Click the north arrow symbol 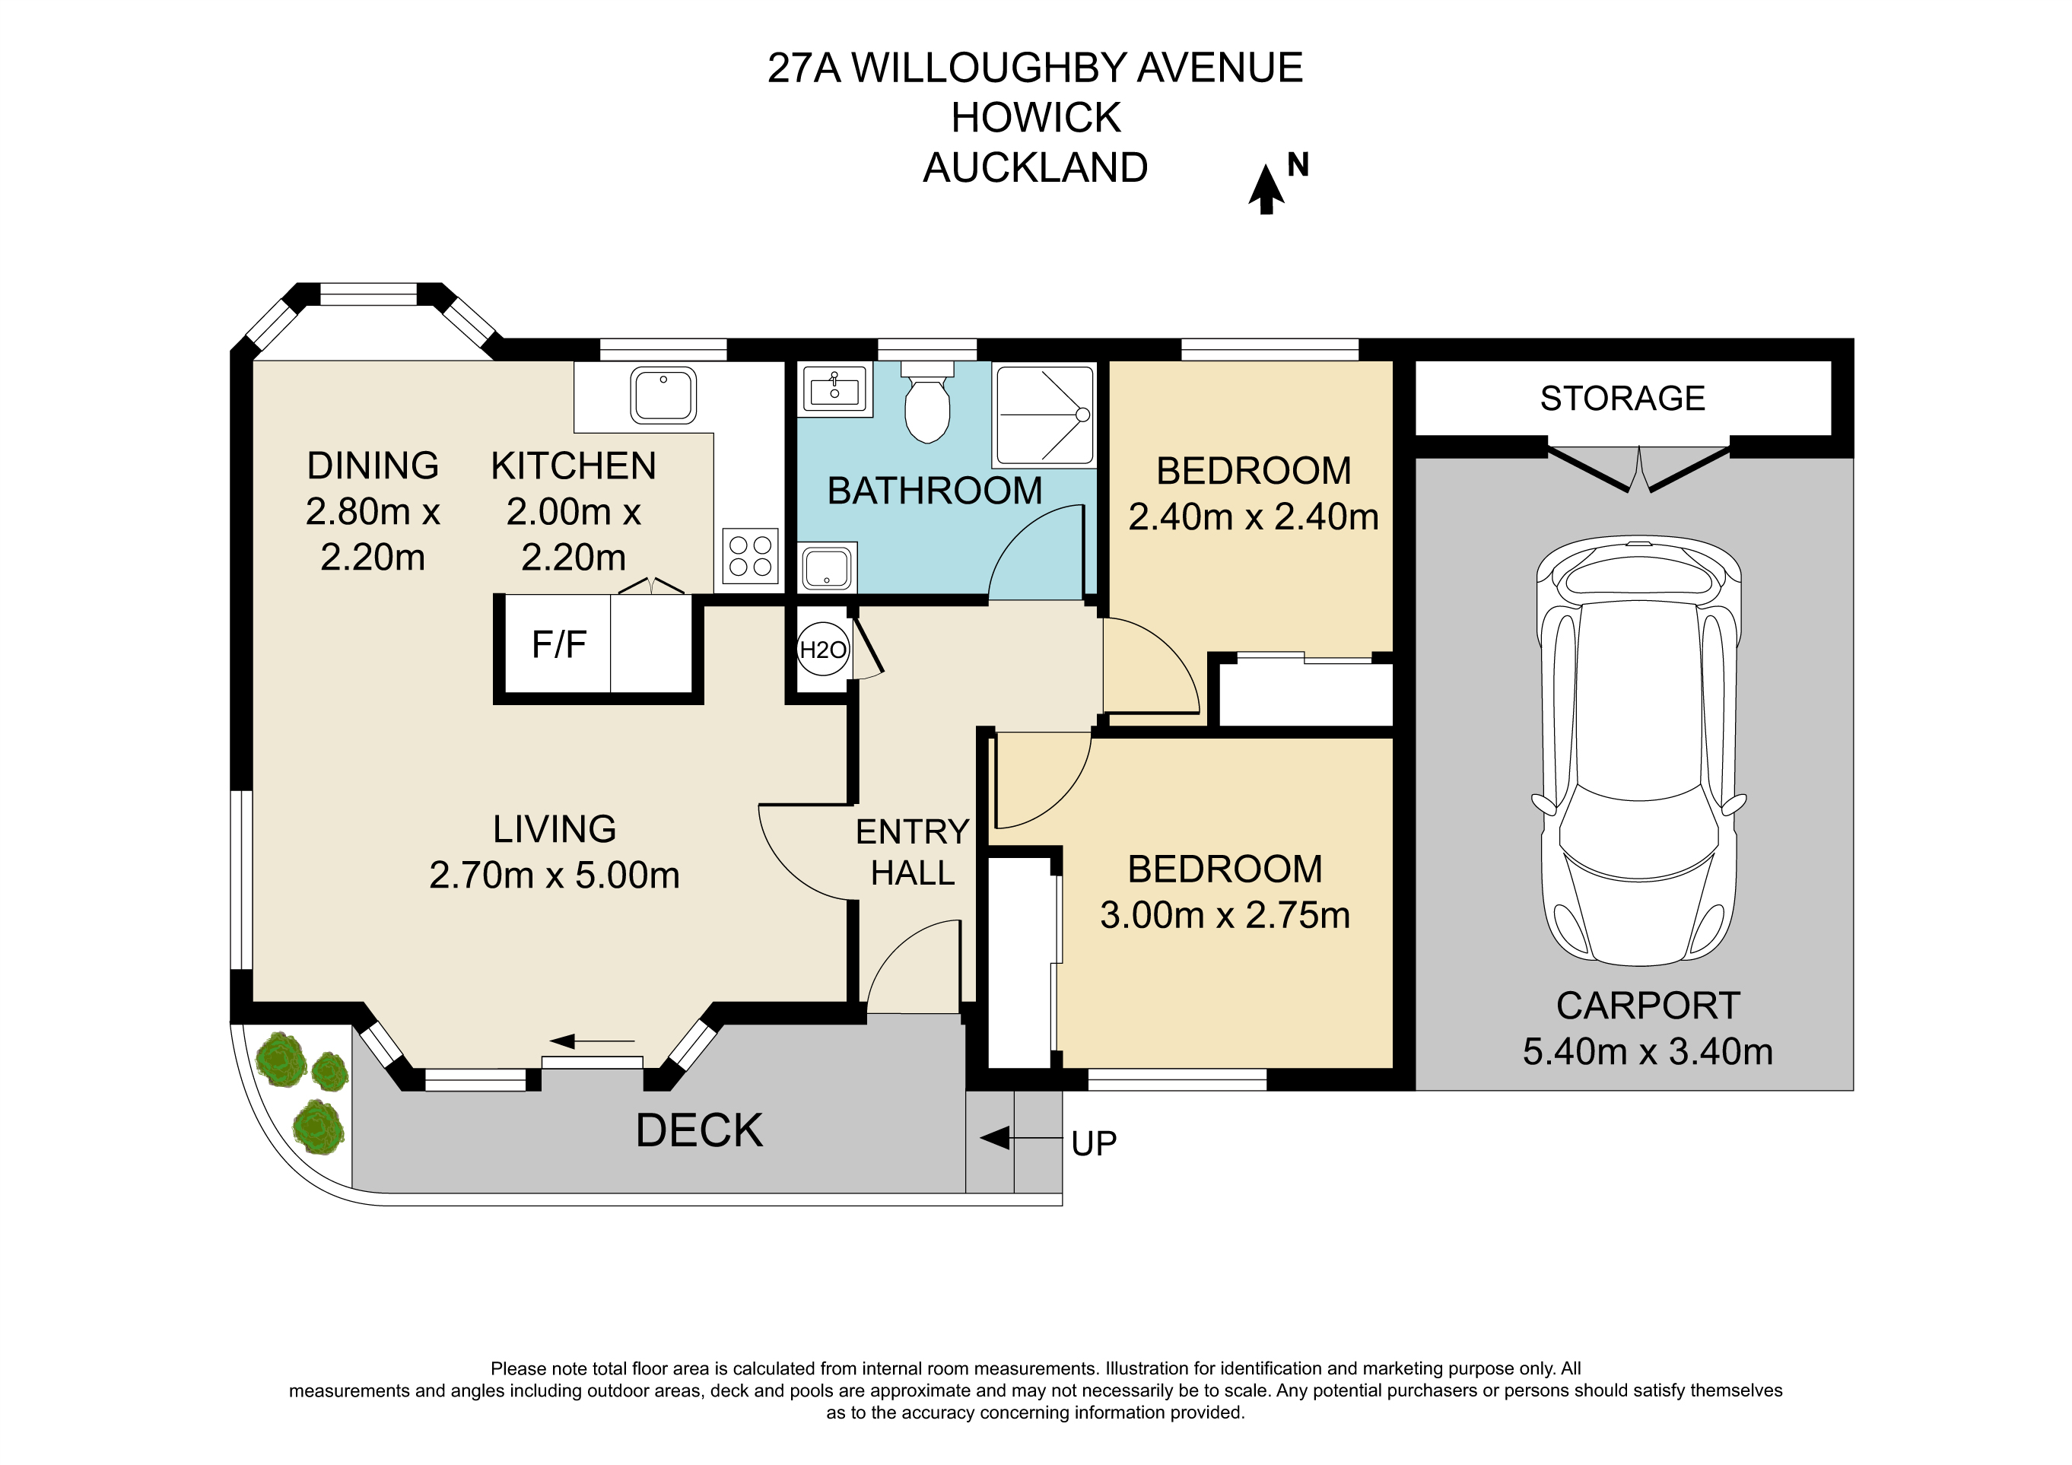click(x=1266, y=189)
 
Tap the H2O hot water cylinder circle click(x=823, y=649)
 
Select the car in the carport click(x=1639, y=752)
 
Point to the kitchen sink click(x=663, y=395)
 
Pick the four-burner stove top click(x=750, y=556)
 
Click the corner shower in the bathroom click(x=1044, y=415)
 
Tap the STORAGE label click(x=1622, y=398)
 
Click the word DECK click(x=699, y=1130)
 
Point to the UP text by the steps click(x=1094, y=1144)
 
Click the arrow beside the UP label click(x=1020, y=1138)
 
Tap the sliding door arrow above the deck click(x=592, y=1041)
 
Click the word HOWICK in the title click(x=1036, y=117)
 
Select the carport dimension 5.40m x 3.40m click(x=1648, y=1051)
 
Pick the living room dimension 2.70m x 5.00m click(x=554, y=875)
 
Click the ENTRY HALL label click(x=912, y=852)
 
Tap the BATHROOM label click(x=935, y=491)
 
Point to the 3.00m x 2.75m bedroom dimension click(x=1225, y=915)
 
